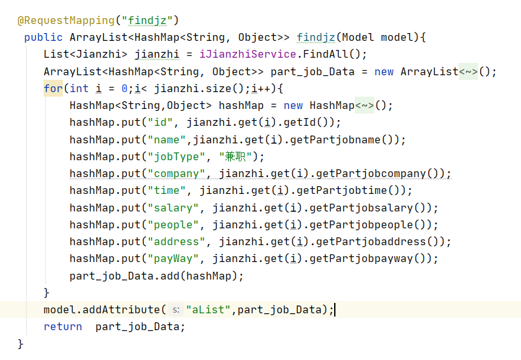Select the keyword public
tap(43, 37)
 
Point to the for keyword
tap(53, 88)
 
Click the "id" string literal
tap(160, 122)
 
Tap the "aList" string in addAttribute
tap(208, 309)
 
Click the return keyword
tap(63, 326)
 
